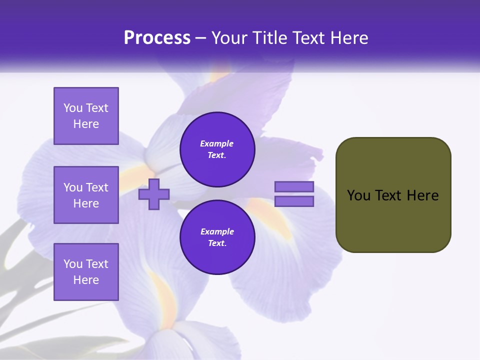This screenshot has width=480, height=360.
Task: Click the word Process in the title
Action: [157, 38]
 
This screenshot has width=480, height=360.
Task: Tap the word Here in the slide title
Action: [348, 38]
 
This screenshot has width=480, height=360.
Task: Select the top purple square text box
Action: [86, 116]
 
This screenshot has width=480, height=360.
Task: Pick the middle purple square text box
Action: [86, 195]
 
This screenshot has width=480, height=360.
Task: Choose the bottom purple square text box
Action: [86, 272]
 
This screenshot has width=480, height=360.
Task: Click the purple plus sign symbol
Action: [154, 194]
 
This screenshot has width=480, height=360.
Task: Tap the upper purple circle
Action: [217, 149]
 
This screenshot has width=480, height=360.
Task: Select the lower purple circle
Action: [217, 237]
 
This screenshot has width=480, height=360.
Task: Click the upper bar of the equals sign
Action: [294, 187]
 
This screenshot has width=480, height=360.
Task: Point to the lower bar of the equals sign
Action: [294, 201]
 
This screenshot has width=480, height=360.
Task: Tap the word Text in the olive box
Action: [389, 195]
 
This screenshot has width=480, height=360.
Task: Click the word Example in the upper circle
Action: [217, 143]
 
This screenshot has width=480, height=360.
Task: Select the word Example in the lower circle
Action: [217, 231]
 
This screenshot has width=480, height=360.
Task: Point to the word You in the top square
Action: [73, 108]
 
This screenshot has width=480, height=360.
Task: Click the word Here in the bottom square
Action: [86, 280]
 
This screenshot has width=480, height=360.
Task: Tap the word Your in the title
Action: [229, 38]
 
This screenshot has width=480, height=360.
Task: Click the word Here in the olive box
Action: [422, 195]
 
